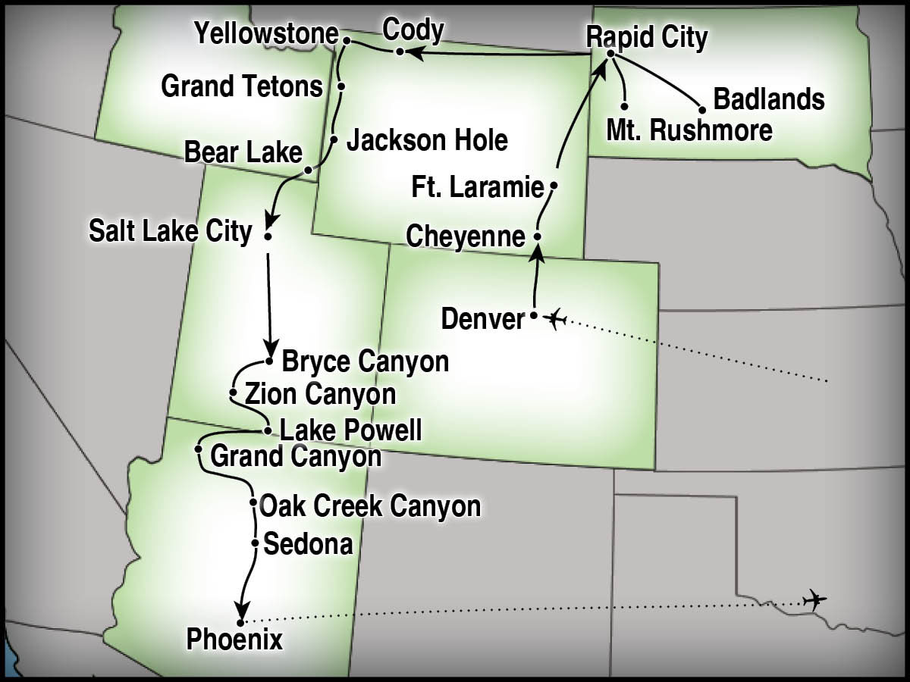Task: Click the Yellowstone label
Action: (265, 34)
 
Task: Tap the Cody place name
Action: (413, 30)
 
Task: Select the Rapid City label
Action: (647, 37)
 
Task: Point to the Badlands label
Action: (769, 99)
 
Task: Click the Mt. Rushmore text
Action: (689, 130)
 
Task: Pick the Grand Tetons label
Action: (242, 86)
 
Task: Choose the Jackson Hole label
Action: (427, 140)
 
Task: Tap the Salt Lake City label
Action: (170, 231)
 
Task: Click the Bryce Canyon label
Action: (365, 362)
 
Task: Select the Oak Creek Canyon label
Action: (370, 505)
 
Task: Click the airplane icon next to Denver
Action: (556, 319)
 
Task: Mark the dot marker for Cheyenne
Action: (537, 236)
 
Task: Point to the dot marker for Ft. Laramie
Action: (554, 185)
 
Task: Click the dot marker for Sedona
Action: (256, 543)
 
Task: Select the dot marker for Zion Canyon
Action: (233, 393)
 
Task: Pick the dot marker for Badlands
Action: (699, 108)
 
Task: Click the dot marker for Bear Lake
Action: (308, 170)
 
